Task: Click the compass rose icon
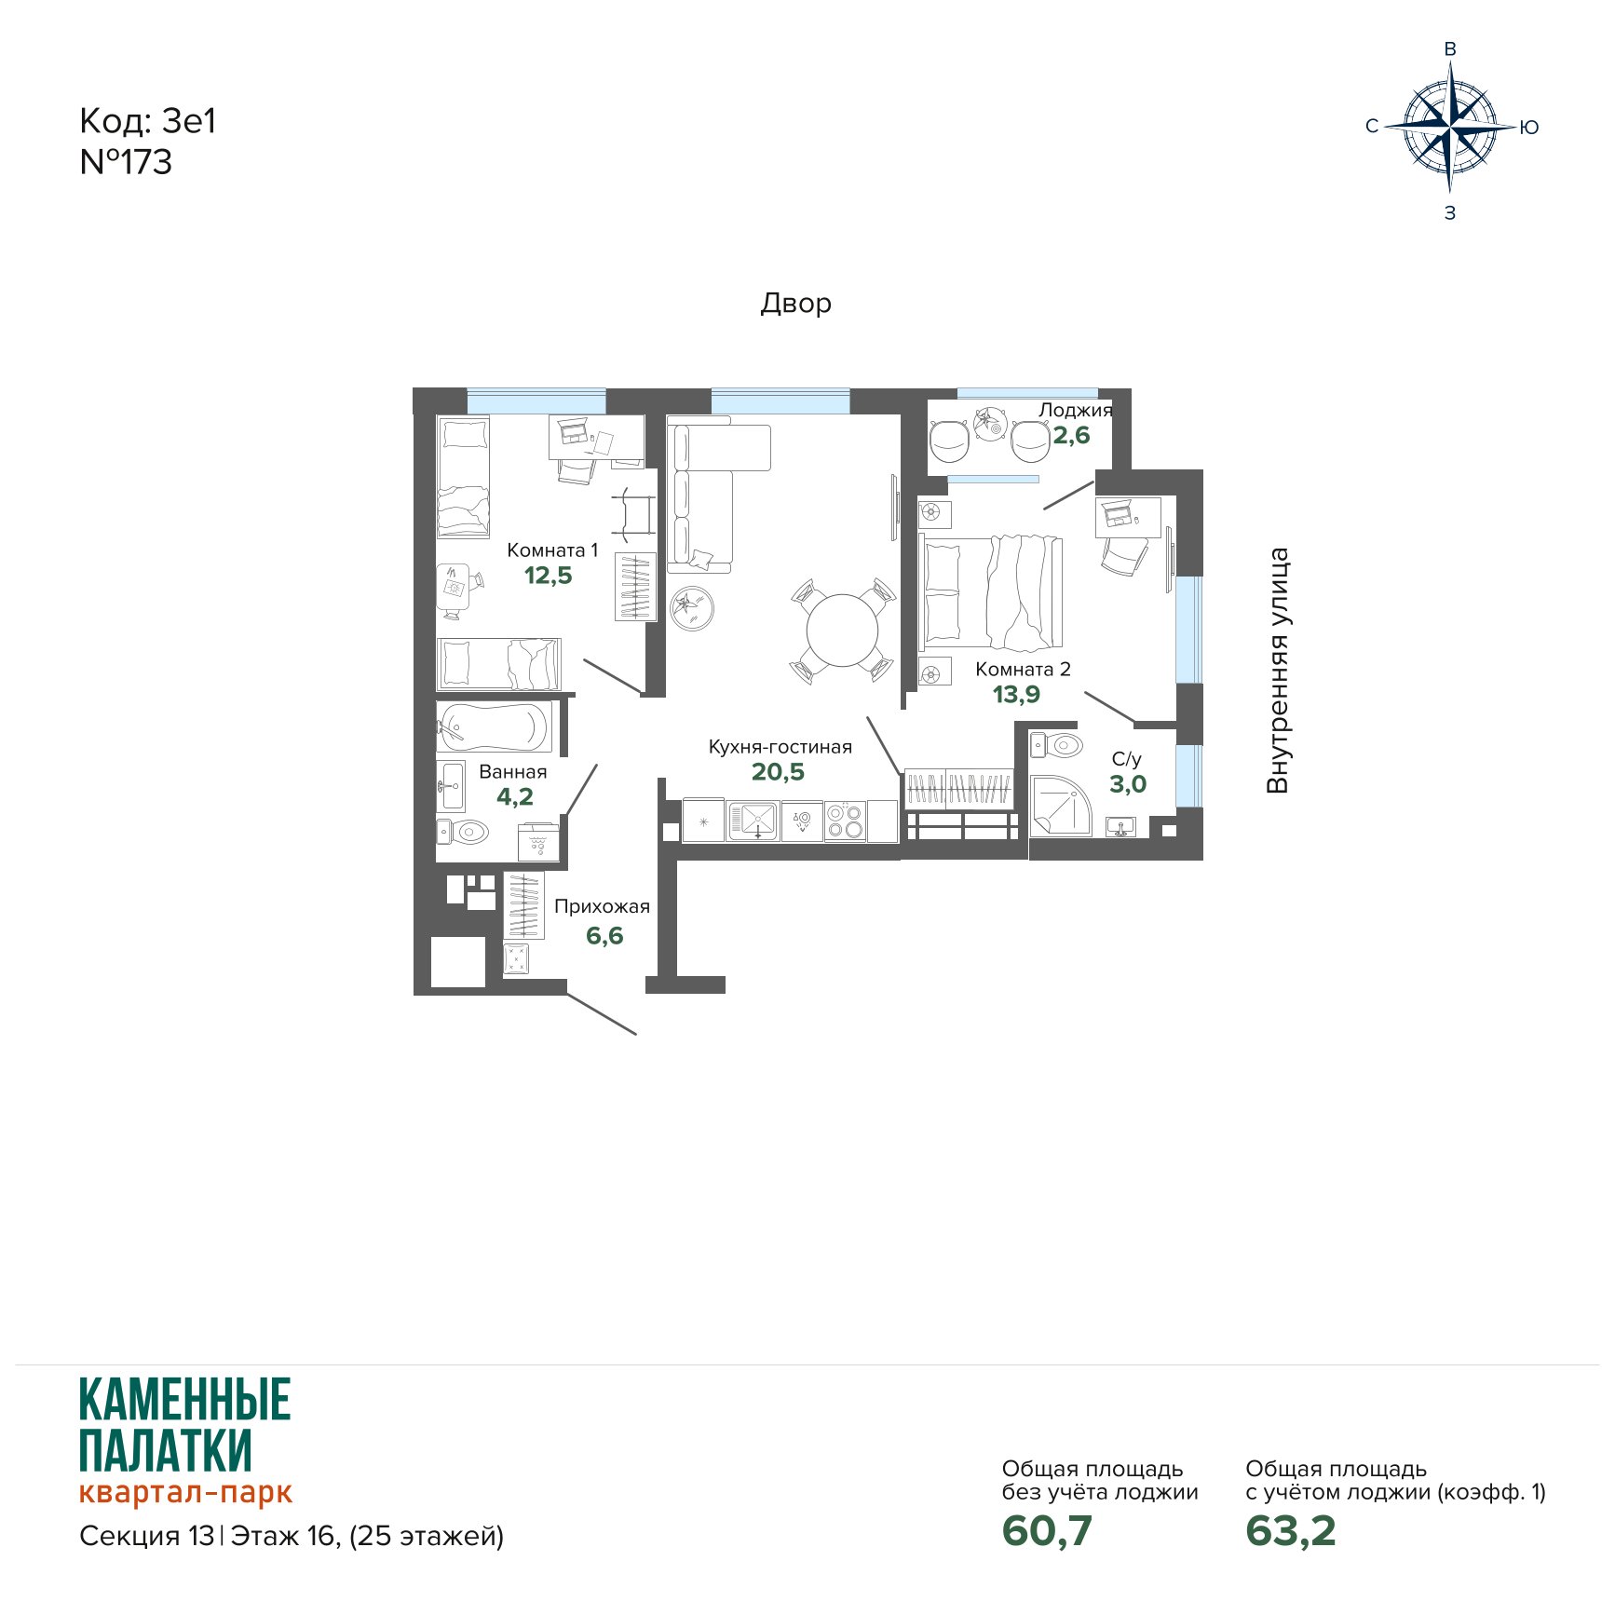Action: [x=1449, y=128]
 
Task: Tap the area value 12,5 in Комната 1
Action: [x=549, y=576]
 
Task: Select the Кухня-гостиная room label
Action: [x=780, y=747]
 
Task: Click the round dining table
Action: [x=842, y=631]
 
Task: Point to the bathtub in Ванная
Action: [x=494, y=726]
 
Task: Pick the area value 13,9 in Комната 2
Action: [x=1016, y=694]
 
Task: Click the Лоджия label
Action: [x=1076, y=411]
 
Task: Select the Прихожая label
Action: [x=602, y=906]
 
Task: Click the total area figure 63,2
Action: [x=1291, y=1530]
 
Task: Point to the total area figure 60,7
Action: [x=1047, y=1530]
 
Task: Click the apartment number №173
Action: [x=126, y=162]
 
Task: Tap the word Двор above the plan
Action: [x=796, y=304]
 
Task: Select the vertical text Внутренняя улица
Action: [x=1278, y=671]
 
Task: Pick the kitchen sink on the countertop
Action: [x=754, y=821]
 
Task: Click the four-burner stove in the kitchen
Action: [x=846, y=821]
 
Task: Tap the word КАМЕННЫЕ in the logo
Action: [x=185, y=1399]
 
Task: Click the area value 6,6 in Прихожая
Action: [x=604, y=936]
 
